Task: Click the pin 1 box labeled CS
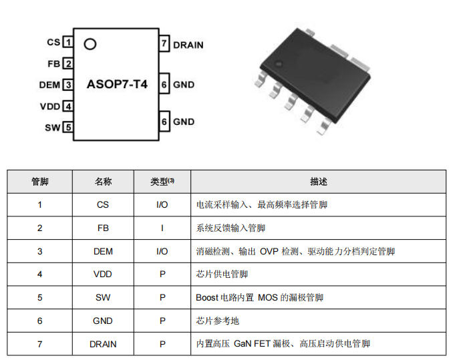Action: point(67,42)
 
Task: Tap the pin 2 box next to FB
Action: point(67,63)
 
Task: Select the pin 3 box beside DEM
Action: point(67,85)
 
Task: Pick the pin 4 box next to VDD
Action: point(67,106)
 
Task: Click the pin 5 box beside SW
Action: point(67,128)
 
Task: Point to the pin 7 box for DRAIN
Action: point(164,45)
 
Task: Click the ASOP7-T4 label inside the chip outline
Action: point(117,85)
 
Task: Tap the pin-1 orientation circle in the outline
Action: point(90,44)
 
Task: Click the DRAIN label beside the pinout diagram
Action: point(188,45)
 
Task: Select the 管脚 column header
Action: point(39,182)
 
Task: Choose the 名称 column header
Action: point(103,182)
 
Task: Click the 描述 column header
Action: point(318,182)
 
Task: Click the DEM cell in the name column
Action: point(103,252)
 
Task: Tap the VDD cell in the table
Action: point(103,275)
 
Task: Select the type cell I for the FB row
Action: point(162,228)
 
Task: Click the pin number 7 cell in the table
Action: point(39,344)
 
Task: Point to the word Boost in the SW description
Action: point(207,298)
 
